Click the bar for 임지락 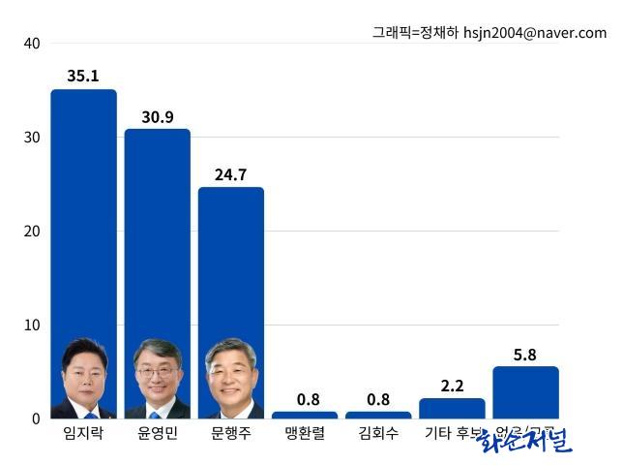[83, 213]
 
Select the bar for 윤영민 [157, 232]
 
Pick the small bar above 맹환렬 [304, 415]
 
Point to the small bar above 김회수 [378, 415]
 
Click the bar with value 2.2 [452, 408]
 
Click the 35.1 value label [83, 76]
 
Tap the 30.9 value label [157, 115]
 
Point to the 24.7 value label [230, 174]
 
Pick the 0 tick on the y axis [35, 418]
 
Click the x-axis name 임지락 [83, 433]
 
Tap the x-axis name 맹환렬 [304, 433]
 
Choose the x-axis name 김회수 [378, 433]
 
